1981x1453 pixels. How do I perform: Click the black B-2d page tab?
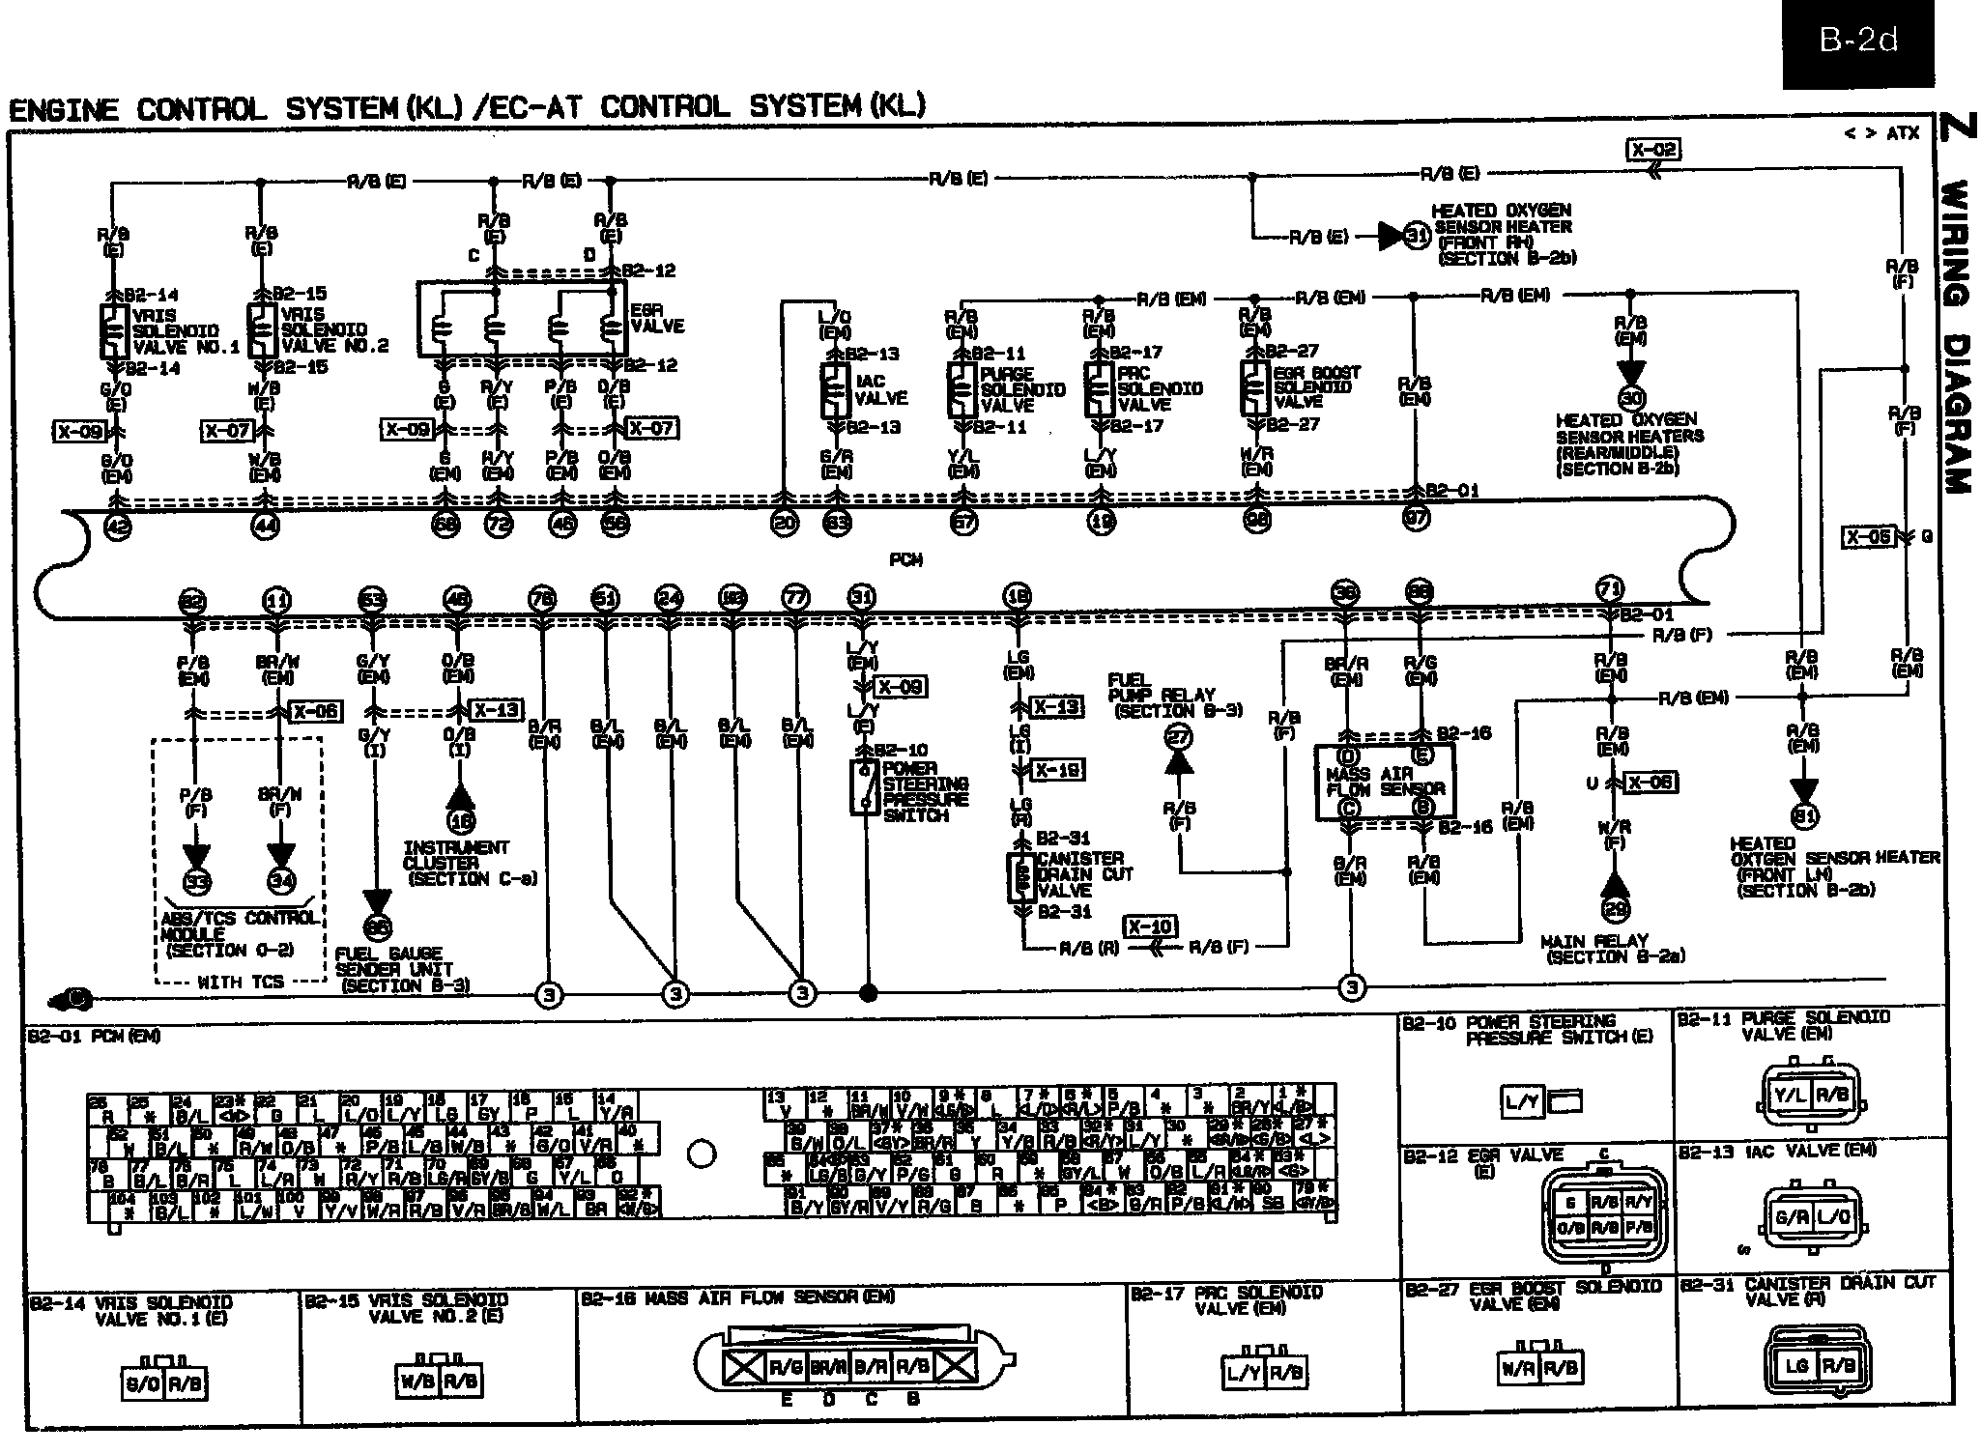(x=1858, y=43)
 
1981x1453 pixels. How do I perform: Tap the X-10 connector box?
(x=1150, y=926)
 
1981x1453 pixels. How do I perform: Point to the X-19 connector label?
(x=1058, y=770)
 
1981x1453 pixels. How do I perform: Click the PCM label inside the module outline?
(x=905, y=559)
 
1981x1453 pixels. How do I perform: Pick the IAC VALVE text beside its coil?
(x=880, y=389)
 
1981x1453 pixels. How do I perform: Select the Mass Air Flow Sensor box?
(x=1385, y=782)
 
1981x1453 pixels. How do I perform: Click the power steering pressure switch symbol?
(x=864, y=787)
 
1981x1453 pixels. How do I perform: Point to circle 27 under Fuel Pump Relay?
(x=1179, y=736)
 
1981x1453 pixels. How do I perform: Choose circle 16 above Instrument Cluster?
(x=460, y=821)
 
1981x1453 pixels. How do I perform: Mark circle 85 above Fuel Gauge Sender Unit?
(x=377, y=927)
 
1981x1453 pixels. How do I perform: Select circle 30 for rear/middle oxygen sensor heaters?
(x=1631, y=397)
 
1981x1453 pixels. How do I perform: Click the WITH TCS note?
(x=241, y=982)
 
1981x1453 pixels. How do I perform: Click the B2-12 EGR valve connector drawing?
(x=1602, y=1215)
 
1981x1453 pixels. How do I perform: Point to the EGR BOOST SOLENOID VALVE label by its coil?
(x=1316, y=386)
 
